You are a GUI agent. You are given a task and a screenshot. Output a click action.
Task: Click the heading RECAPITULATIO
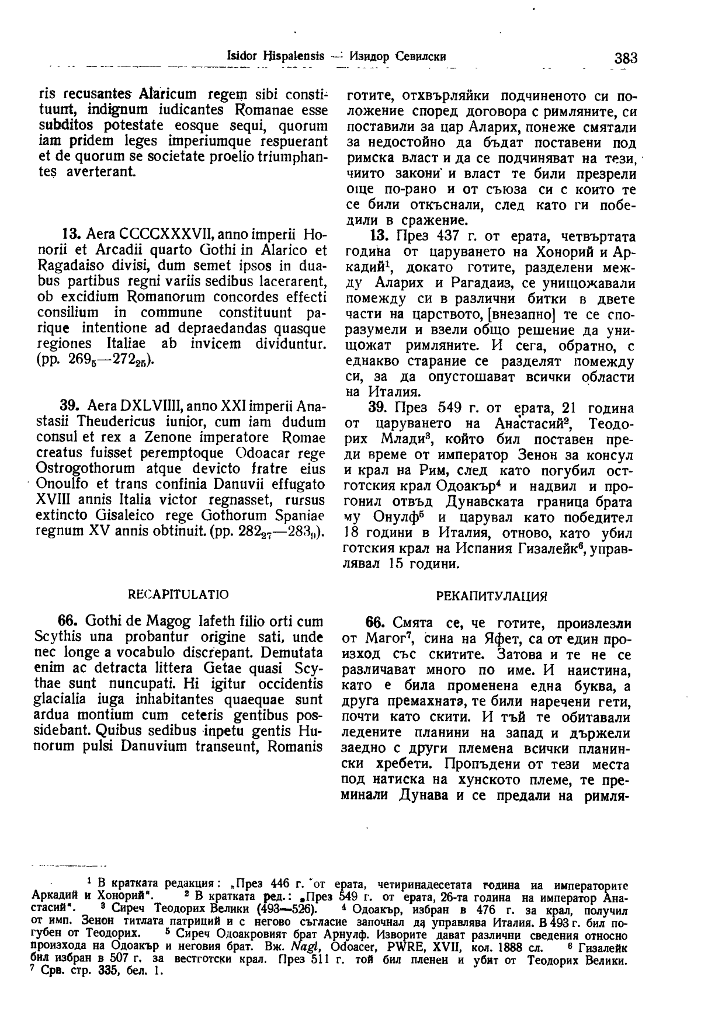[178, 594]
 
